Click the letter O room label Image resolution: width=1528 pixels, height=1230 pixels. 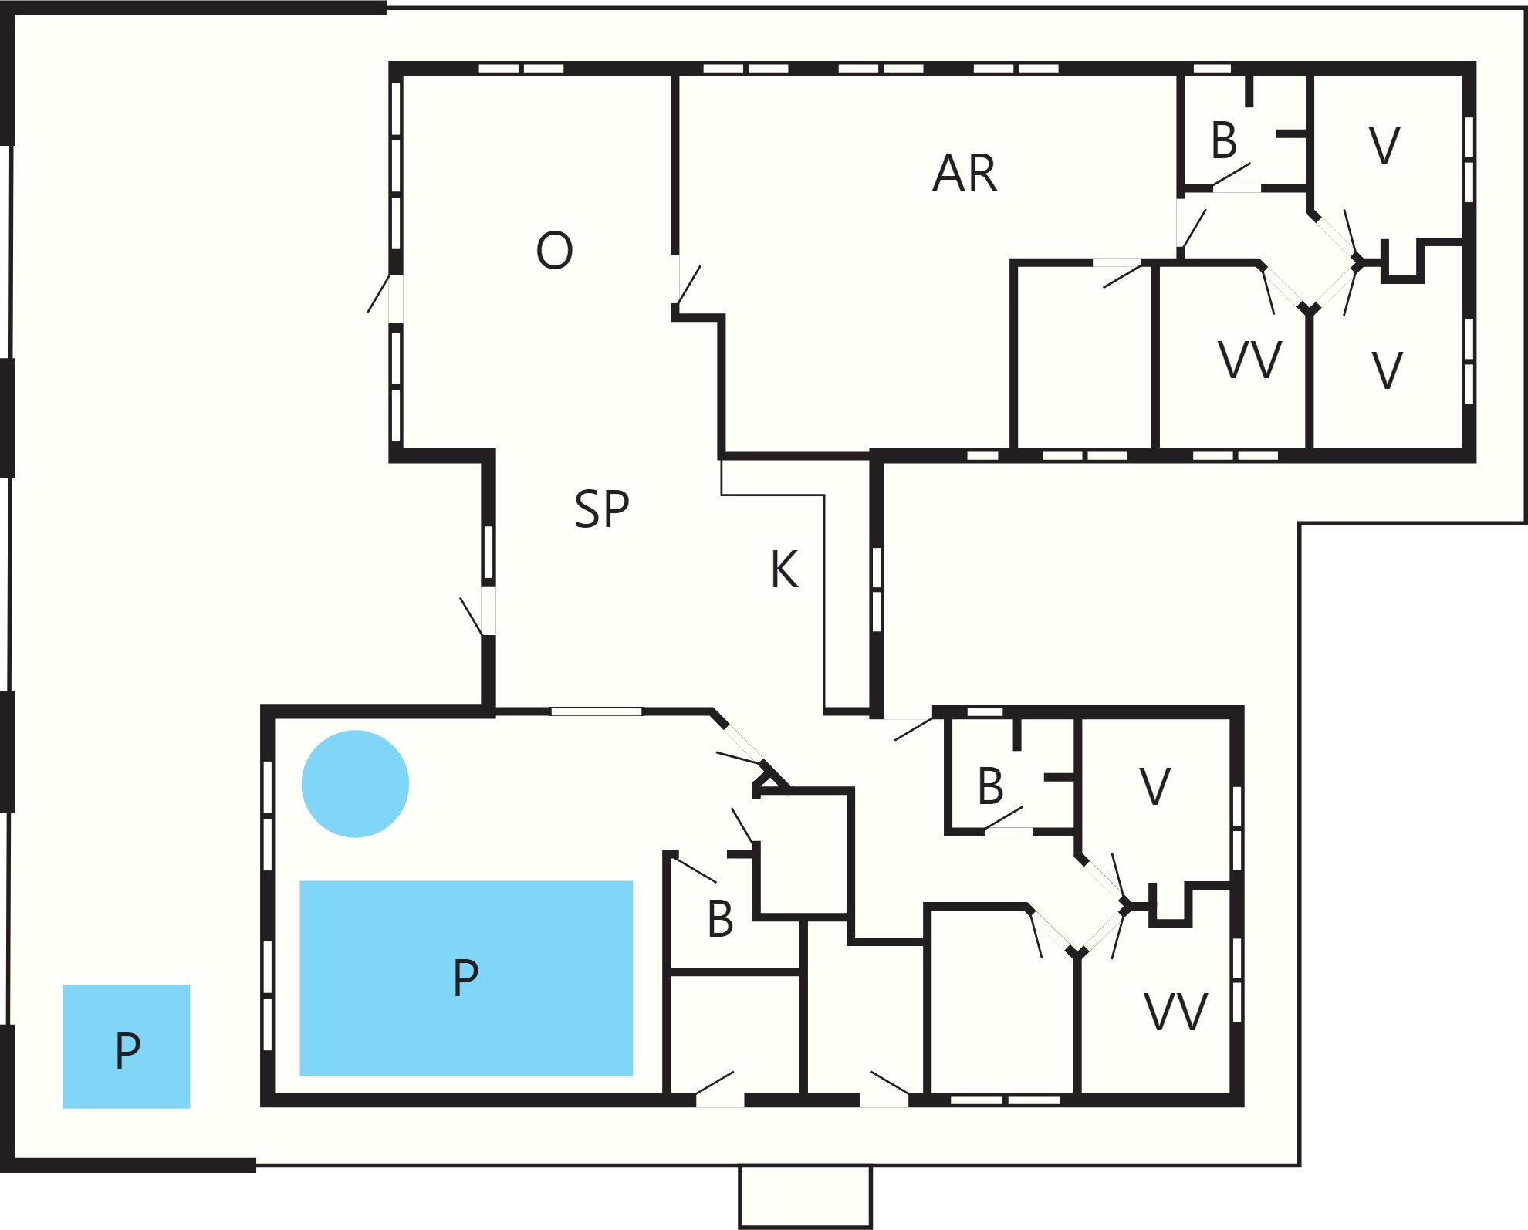click(554, 250)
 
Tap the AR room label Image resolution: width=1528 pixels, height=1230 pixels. click(965, 173)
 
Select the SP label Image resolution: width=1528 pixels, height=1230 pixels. click(602, 509)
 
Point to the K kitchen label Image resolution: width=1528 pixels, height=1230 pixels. click(784, 569)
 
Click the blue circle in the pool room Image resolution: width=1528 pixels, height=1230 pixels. click(355, 783)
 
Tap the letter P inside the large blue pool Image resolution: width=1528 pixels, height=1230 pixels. click(465, 978)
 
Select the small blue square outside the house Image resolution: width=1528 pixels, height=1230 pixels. click(127, 1046)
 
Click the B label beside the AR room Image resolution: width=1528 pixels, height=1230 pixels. click(1224, 140)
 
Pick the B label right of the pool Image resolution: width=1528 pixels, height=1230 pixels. click(720, 919)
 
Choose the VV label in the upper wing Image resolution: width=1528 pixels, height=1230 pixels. click(1249, 360)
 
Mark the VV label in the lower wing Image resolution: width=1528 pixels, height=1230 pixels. click(1175, 1012)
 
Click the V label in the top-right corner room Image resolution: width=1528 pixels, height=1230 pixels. click(1384, 146)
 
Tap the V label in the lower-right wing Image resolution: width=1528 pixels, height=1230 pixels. click(1155, 786)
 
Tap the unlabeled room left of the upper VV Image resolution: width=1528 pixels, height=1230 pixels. click(1084, 356)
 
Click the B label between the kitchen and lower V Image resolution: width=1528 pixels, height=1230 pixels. click(990, 786)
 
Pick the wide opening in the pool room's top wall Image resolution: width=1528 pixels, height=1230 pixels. click(596, 711)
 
